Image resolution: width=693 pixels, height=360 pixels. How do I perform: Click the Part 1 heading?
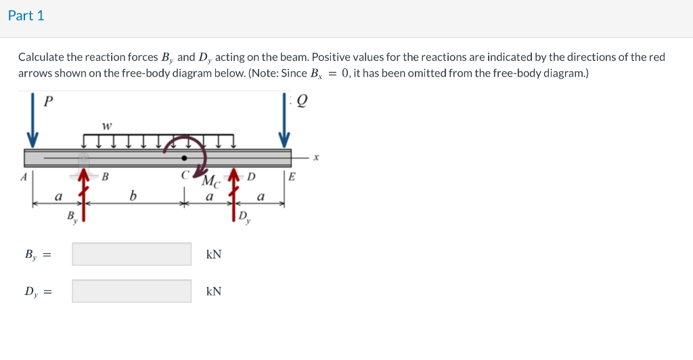coord(26,16)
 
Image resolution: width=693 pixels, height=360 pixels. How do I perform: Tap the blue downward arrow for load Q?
coord(284,120)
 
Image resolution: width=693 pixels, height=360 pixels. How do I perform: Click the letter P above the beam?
coord(47,102)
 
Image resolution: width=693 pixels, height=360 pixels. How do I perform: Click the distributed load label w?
coord(106,125)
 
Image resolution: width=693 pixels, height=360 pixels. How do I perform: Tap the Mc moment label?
coord(210,181)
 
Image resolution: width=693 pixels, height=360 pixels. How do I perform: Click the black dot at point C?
coord(183,158)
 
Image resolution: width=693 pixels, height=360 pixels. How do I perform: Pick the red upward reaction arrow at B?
coord(83,196)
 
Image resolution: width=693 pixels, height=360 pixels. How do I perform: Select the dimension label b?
coord(133,197)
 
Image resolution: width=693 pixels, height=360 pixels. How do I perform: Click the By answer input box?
coord(132,254)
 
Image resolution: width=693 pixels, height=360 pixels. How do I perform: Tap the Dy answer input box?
coord(132,291)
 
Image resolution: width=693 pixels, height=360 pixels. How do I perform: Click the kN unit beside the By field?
coord(214,254)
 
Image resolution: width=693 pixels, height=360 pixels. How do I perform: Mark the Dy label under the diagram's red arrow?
coord(244,217)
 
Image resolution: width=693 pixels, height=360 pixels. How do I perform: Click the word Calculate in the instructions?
coord(41,58)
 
